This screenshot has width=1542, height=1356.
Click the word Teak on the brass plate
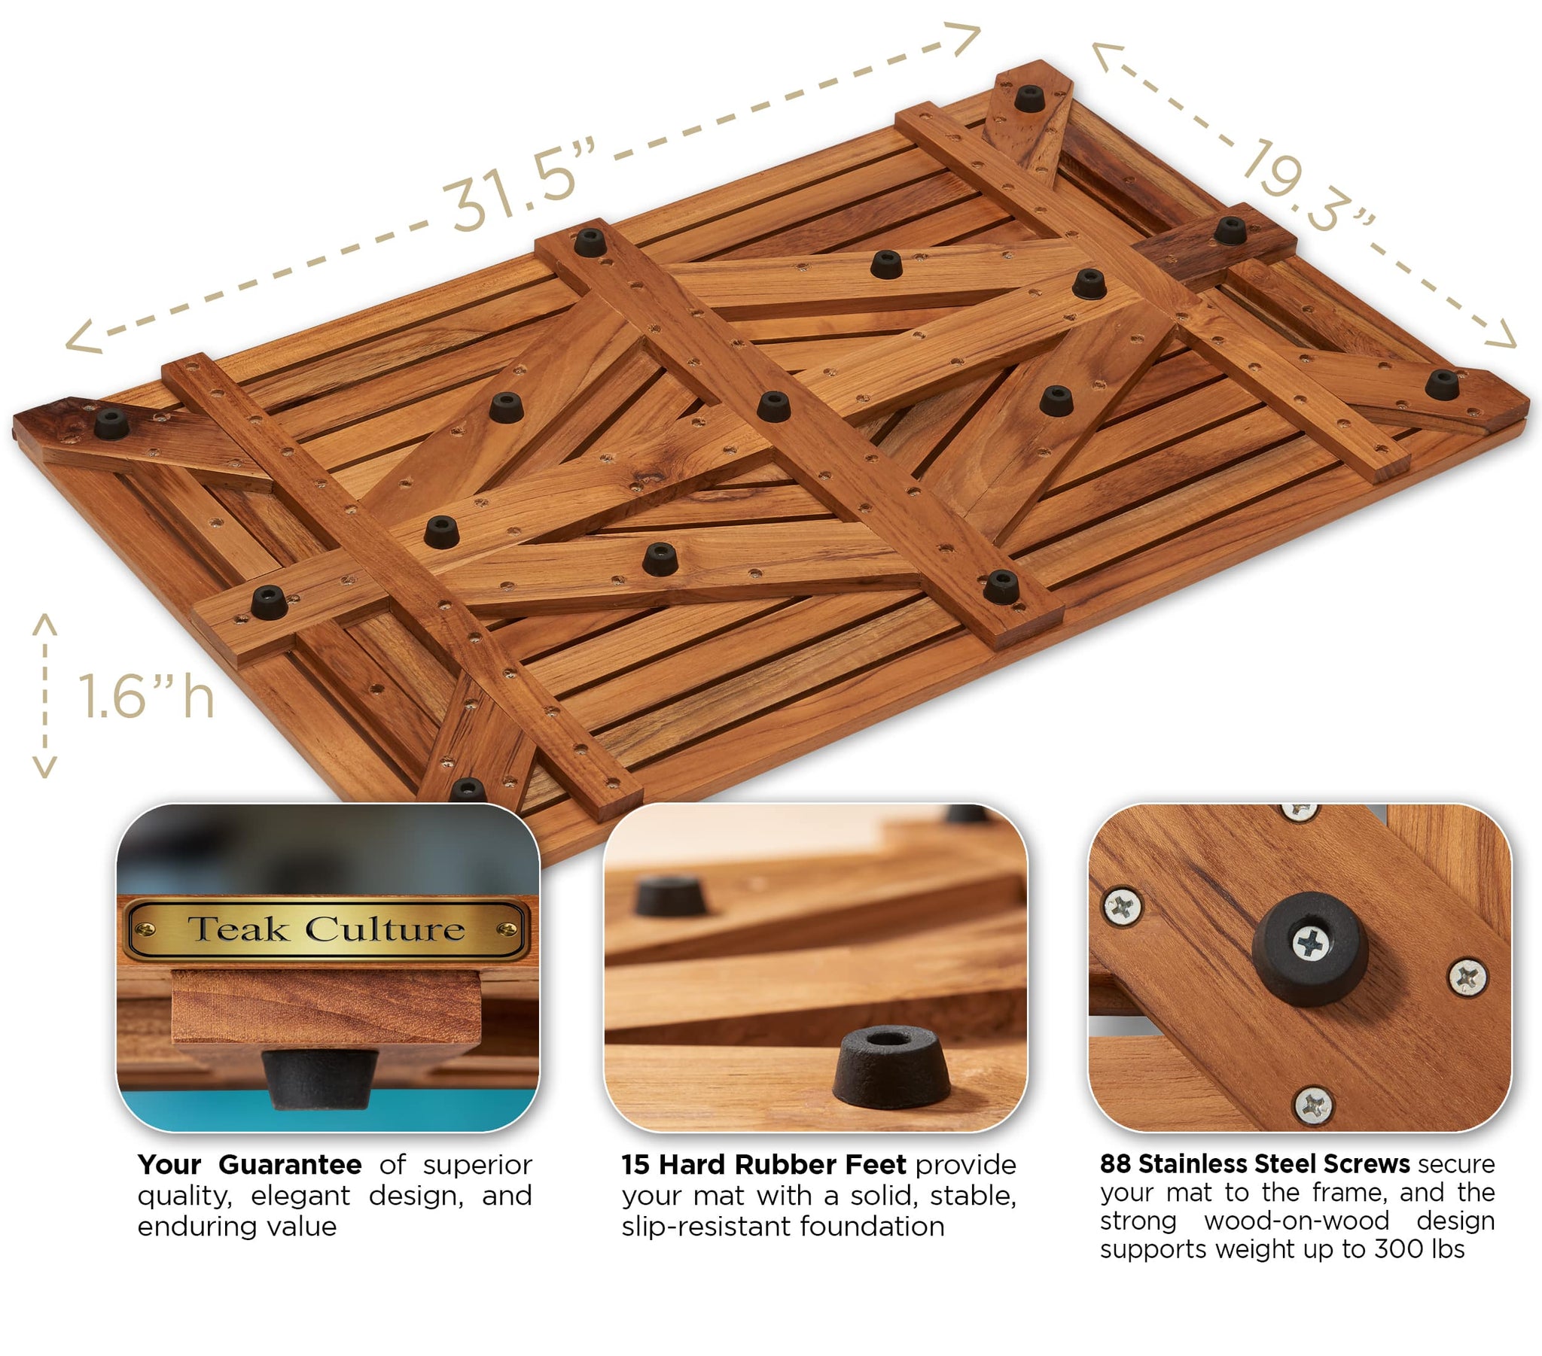click(x=238, y=929)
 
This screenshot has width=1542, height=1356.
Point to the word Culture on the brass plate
click(x=385, y=929)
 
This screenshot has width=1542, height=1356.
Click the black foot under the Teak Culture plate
click(x=319, y=1078)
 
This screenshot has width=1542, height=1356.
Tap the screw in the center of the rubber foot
click(x=1311, y=944)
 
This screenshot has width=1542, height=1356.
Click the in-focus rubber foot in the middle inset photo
click(x=890, y=1067)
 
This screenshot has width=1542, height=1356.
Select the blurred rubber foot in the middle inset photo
click(x=671, y=897)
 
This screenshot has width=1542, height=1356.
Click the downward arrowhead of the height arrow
click(x=45, y=770)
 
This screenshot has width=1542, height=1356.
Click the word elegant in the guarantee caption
click(x=300, y=1196)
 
